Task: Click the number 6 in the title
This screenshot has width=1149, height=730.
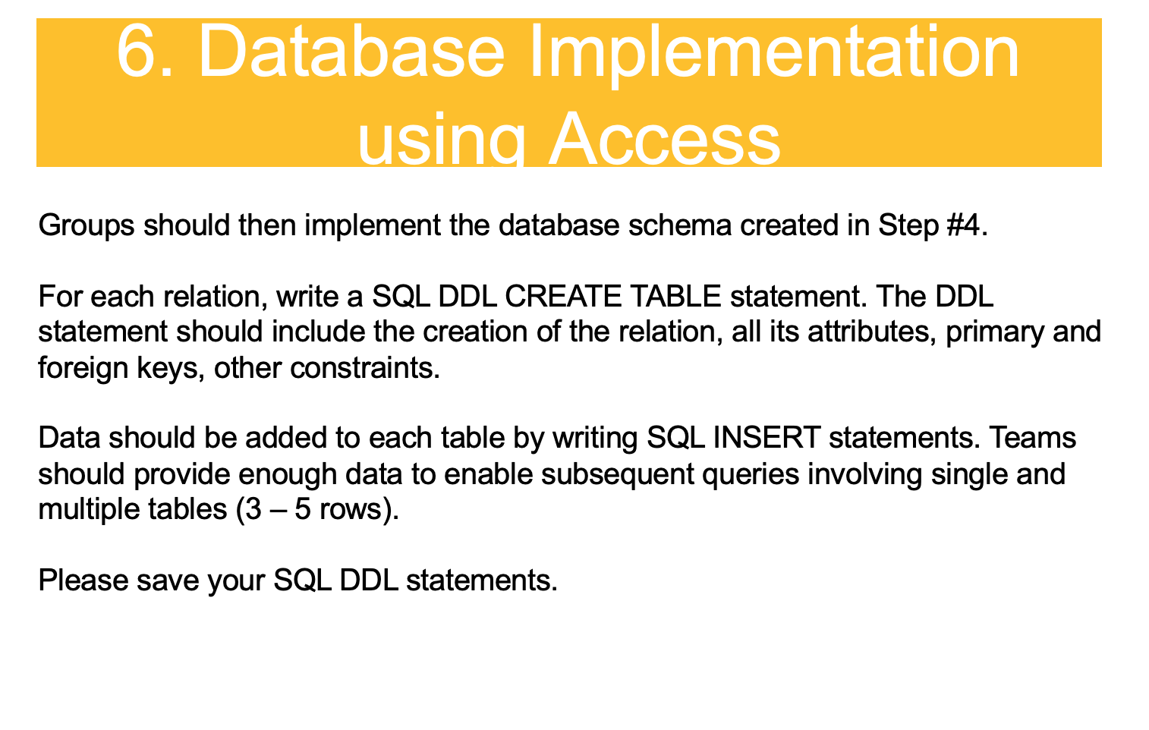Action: [137, 52]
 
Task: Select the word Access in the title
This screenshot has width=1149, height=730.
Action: [665, 140]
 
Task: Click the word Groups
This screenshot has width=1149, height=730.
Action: [87, 225]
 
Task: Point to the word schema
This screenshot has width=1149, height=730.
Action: [680, 225]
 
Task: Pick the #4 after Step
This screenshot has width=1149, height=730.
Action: [966, 225]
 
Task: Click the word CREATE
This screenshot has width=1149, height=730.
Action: [562, 297]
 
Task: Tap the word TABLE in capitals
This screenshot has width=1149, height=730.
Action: [675, 297]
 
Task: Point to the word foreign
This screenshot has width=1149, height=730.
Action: [83, 369]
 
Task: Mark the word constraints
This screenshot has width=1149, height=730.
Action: [365, 368]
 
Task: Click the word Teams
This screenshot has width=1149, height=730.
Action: [1033, 438]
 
